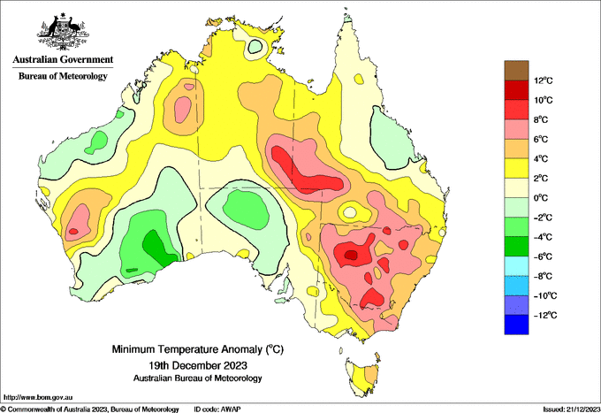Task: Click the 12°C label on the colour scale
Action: pos(544,80)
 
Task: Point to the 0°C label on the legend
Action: pos(541,198)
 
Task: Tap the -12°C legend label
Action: pos(545,315)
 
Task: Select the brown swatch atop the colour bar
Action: pos(516,70)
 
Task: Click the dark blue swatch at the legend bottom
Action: pos(516,325)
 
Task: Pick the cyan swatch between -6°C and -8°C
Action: pos(516,266)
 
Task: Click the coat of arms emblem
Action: pos(63,32)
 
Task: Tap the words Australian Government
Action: pos(63,59)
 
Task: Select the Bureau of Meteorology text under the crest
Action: pos(63,76)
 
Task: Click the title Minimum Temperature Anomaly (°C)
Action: pos(198,349)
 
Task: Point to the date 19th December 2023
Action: pos(198,365)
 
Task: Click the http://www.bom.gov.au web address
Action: pos(38,397)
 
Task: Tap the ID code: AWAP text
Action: pos(217,409)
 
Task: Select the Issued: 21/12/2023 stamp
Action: pos(572,409)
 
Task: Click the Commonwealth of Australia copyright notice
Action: pos(89,409)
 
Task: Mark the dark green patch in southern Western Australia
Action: pos(159,249)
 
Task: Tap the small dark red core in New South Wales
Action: pos(351,255)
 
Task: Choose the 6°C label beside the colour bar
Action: pos(541,139)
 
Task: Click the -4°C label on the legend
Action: pos(543,237)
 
